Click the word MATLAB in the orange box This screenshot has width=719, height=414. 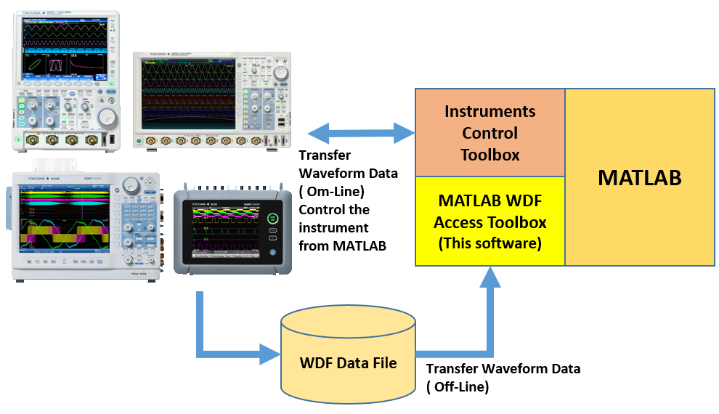tap(639, 178)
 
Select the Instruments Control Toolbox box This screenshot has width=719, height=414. tap(490, 133)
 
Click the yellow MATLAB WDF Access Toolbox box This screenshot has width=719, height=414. tap(490, 221)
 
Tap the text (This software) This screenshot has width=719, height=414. tap(490, 243)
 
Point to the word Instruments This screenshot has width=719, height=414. tap(490, 112)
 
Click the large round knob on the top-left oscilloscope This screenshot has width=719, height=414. tap(107, 116)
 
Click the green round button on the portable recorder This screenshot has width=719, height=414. tap(273, 217)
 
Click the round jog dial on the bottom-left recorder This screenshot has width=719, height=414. tap(131, 184)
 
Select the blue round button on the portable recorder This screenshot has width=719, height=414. tap(273, 252)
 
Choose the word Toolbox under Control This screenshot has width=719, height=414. tap(490, 155)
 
